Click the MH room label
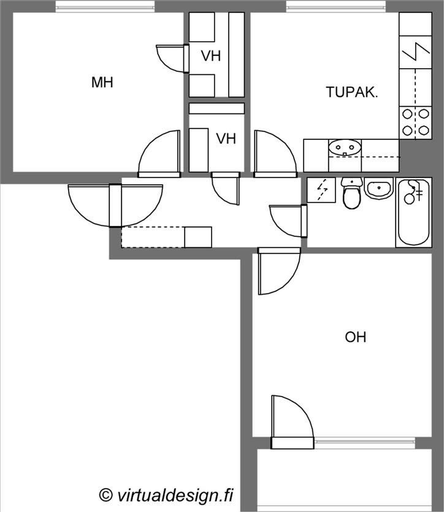pos(102,82)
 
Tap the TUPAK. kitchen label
pos(352,92)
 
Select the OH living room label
pos(356,337)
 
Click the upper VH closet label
pos(211,56)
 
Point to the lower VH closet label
pos(226,139)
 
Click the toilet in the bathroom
pos(351,193)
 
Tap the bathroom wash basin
pos(379,188)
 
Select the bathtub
pos(414,212)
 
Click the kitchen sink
pos(345,149)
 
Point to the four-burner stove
pos(415,123)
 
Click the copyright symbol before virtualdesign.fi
pos(105,495)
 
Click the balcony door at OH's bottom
pos(293,421)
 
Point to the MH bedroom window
pos(105,6)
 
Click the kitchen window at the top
pos(336,6)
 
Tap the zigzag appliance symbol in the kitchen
pos(415,52)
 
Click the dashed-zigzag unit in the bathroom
pos(321,190)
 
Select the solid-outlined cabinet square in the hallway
pos(198,237)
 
